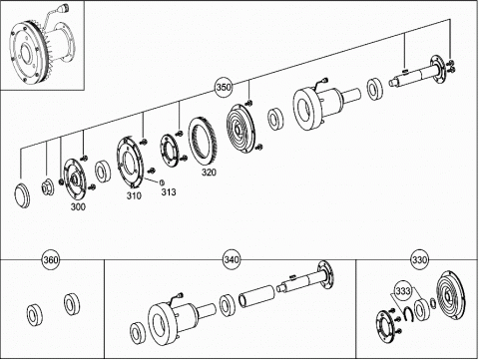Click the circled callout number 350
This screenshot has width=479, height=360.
224,87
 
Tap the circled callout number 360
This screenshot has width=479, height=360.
51,259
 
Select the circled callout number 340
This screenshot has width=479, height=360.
232,259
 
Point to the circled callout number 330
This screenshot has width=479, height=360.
419,259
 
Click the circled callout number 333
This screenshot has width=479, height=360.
403,291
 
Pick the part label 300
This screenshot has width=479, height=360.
78,206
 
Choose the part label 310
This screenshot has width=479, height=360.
134,195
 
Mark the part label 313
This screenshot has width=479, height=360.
169,191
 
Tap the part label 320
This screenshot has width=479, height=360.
209,172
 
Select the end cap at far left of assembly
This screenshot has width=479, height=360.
23,195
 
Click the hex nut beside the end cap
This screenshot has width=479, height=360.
46,188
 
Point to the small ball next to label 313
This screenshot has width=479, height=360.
163,182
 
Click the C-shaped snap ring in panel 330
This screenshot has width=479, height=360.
407,314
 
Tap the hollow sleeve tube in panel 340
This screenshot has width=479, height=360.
256,293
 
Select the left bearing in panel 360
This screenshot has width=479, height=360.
35,315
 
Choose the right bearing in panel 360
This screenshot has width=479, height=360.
72,304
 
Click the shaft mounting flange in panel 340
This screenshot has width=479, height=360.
325,274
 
